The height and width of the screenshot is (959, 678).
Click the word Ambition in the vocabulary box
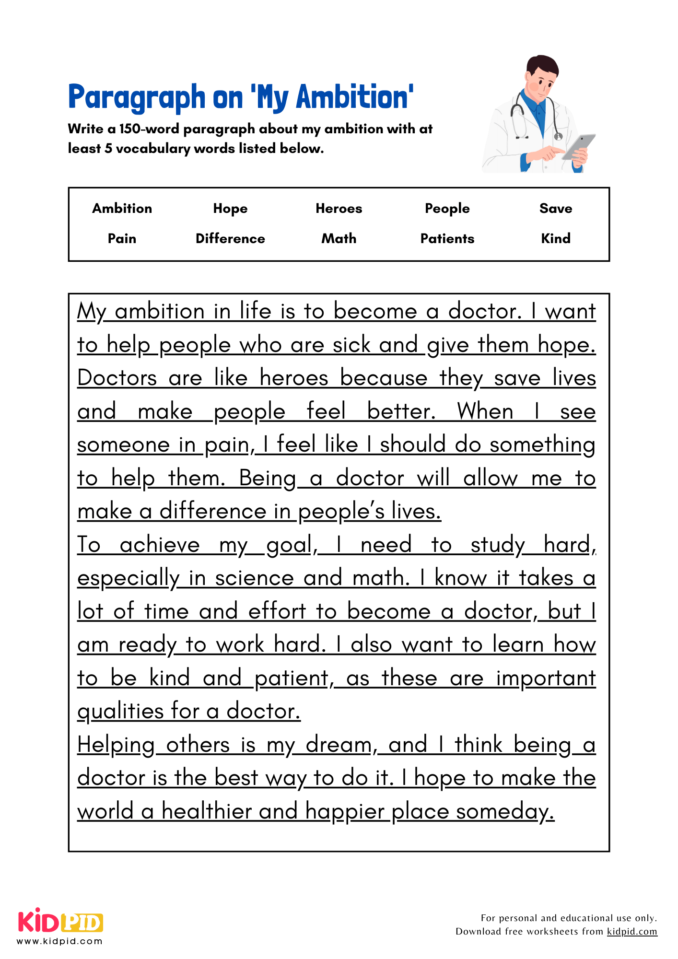[x=122, y=209]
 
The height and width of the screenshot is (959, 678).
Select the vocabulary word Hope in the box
[x=230, y=209]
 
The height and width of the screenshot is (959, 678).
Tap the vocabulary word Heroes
[x=339, y=209]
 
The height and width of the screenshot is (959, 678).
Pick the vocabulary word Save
[x=555, y=209]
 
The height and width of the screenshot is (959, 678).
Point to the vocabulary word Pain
[x=122, y=239]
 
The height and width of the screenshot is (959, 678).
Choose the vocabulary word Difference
[x=230, y=239]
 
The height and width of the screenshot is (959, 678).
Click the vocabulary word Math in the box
[x=339, y=239]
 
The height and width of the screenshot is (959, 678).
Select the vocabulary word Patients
[x=447, y=239]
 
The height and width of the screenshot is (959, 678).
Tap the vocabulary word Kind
[x=555, y=239]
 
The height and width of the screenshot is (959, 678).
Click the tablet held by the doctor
[x=578, y=146]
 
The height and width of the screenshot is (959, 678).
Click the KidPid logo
[x=60, y=921]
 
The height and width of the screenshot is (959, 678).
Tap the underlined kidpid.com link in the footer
[x=631, y=932]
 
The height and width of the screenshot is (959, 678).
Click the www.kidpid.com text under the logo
[x=60, y=941]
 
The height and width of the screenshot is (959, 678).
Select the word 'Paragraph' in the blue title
[x=136, y=97]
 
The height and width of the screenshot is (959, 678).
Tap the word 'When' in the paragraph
[x=485, y=412]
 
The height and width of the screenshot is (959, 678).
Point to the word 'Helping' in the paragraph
[x=116, y=745]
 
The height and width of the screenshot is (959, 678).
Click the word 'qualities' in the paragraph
[x=120, y=712]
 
